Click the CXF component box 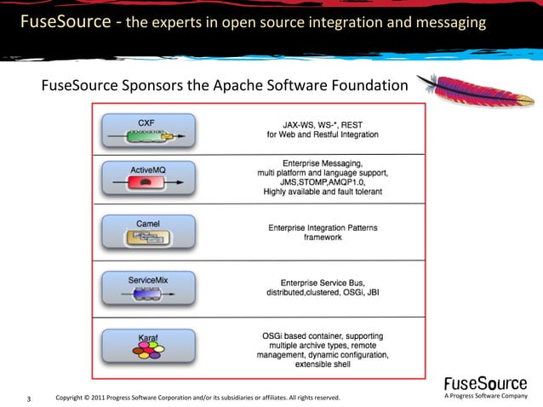coord(147,129)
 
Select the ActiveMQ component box coord(147,179)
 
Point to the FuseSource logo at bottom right coord(486,383)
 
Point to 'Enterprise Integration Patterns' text coord(323,227)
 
